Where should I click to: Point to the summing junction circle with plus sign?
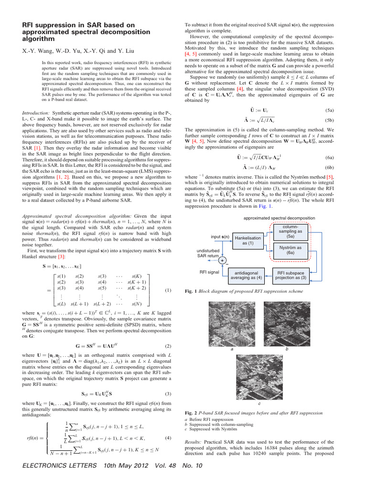[222, 260]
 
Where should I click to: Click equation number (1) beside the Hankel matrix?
[168, 290]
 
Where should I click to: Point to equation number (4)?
[168, 438]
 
